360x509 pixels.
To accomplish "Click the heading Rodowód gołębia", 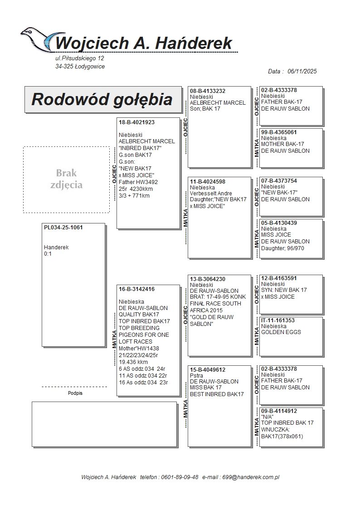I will click(x=102, y=99).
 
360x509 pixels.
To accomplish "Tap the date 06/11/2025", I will click(x=302, y=71).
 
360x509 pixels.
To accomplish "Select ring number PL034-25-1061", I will click(x=63, y=228).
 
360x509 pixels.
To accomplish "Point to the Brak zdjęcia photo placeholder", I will click(x=66, y=179).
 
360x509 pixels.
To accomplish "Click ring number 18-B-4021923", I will click(x=136, y=122).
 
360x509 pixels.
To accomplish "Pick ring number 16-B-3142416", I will click(x=136, y=289).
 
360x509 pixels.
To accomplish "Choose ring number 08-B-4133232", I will click(x=208, y=91).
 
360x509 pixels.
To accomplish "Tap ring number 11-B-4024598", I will click(x=208, y=182).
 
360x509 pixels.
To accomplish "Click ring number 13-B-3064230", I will click(x=208, y=279).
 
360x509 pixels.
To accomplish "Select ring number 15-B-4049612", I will click(x=208, y=370).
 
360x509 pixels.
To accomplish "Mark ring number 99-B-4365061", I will click(x=279, y=132).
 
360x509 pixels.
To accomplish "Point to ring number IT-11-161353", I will click(x=278, y=320).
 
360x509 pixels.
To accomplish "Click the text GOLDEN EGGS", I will click(x=281, y=332).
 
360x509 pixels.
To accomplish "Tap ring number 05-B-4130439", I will click(x=279, y=223).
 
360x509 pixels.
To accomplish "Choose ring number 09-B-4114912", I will click(x=279, y=411).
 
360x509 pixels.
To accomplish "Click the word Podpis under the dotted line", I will click(x=75, y=393).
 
